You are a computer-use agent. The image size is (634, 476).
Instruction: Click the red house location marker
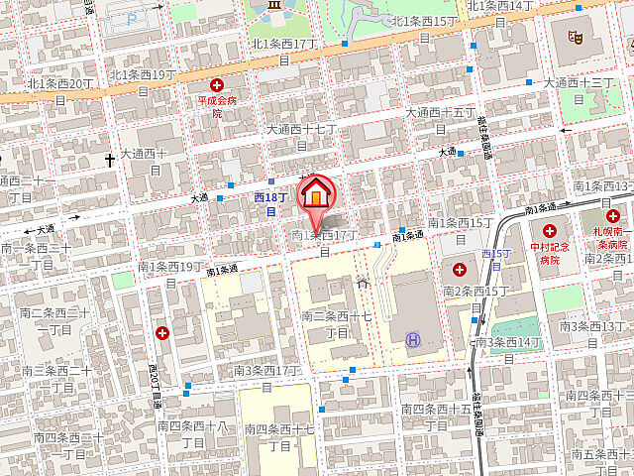point(316,192)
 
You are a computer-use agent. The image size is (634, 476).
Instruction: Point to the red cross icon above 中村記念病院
point(549,229)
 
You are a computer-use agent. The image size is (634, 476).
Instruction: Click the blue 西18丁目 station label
point(270,204)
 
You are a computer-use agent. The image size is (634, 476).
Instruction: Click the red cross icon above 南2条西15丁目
point(460,269)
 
